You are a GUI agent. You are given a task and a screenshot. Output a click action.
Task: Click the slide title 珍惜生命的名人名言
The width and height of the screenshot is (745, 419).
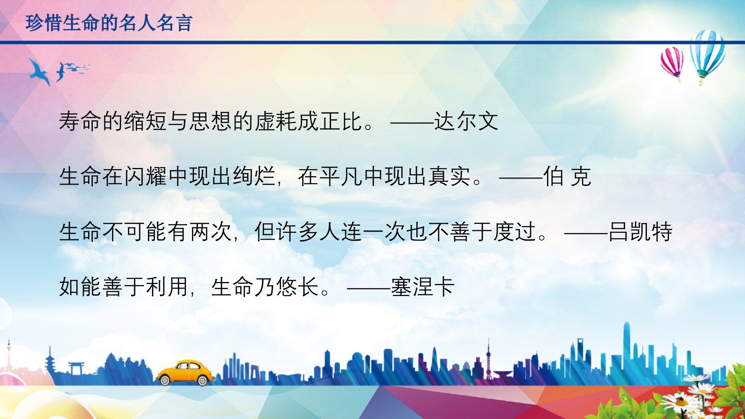(x=109, y=23)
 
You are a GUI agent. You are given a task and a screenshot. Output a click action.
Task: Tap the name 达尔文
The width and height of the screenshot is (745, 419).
(x=466, y=121)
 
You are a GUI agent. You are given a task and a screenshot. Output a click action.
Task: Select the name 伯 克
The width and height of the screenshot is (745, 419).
(x=567, y=177)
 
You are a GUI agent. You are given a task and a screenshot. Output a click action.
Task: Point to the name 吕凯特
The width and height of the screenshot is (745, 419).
(x=640, y=232)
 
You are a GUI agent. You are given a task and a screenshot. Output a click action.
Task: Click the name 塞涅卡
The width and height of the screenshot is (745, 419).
(x=423, y=287)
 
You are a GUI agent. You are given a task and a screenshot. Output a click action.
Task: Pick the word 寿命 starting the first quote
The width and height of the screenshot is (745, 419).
(x=80, y=121)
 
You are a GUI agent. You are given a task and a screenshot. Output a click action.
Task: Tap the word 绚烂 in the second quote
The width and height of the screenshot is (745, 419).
(x=254, y=177)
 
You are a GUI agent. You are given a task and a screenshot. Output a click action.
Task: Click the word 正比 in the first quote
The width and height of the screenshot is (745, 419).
(x=341, y=121)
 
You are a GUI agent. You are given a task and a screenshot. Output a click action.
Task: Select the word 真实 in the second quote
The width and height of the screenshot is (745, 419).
(x=450, y=177)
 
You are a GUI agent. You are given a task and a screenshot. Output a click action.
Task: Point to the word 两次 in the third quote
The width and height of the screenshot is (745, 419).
(x=211, y=232)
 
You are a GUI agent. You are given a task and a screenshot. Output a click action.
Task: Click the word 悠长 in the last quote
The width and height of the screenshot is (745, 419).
(x=298, y=287)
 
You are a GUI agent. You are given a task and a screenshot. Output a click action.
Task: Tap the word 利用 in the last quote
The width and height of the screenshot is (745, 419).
(x=167, y=287)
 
